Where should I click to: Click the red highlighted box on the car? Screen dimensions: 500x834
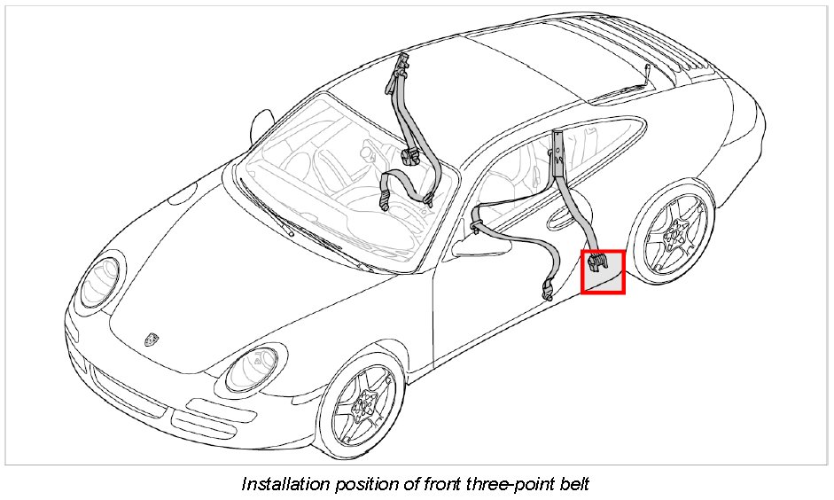click(x=603, y=272)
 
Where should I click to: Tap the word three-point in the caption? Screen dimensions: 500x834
click(x=497, y=484)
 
